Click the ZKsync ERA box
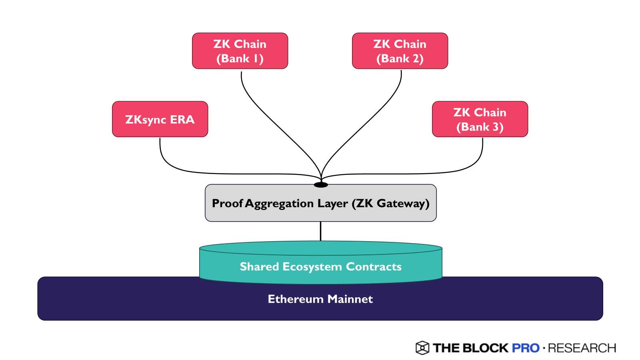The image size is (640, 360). click(160, 119)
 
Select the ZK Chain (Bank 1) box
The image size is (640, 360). click(240, 51)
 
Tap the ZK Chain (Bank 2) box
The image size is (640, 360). click(400, 51)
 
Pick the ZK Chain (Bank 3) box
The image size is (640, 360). click(480, 119)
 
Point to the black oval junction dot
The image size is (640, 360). click(321, 185)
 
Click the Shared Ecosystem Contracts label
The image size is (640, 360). click(320, 266)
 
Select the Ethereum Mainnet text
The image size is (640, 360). click(320, 299)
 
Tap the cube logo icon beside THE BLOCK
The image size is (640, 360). click(422, 348)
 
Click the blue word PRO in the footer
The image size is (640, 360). click(526, 348)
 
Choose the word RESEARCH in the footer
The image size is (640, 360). click(582, 348)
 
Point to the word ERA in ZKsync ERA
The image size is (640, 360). click(182, 119)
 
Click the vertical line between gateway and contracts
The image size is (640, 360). click(320, 231)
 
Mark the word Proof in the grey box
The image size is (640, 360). click(227, 203)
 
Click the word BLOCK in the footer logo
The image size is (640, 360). click(485, 348)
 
